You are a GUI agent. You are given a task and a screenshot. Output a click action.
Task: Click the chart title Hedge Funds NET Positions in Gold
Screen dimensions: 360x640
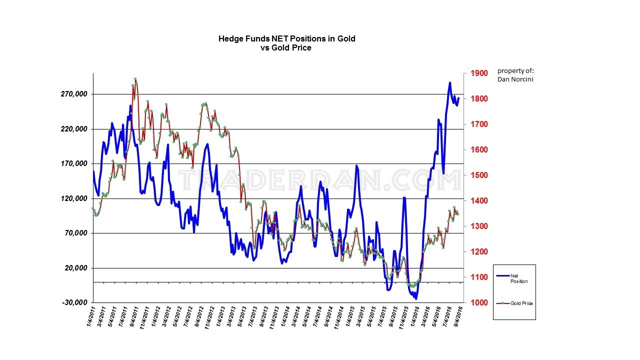tap(286, 38)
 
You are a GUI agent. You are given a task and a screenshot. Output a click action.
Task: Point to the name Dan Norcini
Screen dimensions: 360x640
tap(515, 79)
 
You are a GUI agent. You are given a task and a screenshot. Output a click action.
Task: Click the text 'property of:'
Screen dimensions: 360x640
tap(515, 70)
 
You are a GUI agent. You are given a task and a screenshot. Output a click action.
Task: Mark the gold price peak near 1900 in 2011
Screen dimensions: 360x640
tap(135, 79)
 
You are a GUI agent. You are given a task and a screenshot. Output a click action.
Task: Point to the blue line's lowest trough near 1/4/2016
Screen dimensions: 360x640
tap(415, 298)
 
